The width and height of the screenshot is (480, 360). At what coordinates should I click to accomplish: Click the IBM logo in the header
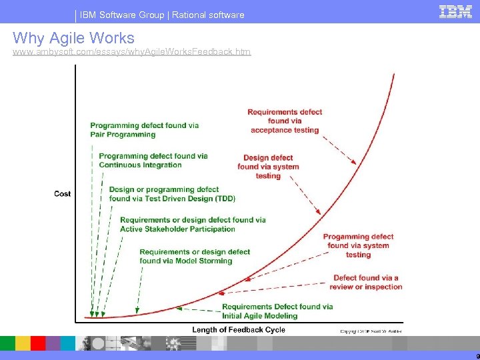(x=455, y=11)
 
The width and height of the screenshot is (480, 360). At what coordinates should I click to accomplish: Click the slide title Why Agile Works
(x=73, y=38)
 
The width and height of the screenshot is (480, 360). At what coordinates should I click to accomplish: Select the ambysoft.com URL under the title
(x=132, y=51)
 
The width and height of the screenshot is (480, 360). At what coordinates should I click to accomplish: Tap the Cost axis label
(x=63, y=194)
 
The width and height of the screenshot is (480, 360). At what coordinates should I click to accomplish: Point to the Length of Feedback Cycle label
(x=239, y=329)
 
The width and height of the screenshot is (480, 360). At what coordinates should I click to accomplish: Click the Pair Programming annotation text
(x=144, y=130)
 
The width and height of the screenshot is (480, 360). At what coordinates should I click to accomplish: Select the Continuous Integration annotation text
(x=153, y=161)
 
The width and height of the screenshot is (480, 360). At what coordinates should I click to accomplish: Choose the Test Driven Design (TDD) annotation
(x=172, y=194)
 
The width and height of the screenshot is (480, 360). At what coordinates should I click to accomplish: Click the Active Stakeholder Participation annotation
(x=193, y=225)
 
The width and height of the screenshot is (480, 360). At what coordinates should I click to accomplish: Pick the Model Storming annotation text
(x=195, y=257)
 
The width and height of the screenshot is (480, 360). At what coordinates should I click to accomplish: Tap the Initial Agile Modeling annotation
(x=277, y=311)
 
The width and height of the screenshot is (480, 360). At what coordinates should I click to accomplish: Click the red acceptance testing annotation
(x=284, y=121)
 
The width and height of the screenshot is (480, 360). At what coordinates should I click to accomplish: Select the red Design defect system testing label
(x=268, y=167)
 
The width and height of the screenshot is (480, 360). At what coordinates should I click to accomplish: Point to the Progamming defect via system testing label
(x=358, y=245)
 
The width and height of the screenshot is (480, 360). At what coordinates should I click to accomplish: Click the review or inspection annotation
(x=366, y=282)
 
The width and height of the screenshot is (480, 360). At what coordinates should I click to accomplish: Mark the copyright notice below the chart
(x=371, y=331)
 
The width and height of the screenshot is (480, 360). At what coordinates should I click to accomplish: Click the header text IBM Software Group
(x=126, y=14)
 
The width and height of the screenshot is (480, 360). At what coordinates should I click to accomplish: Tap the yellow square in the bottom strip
(x=23, y=343)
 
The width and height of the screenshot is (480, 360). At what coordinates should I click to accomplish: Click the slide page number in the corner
(x=477, y=355)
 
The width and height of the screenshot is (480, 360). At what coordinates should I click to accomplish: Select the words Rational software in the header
(x=208, y=14)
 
